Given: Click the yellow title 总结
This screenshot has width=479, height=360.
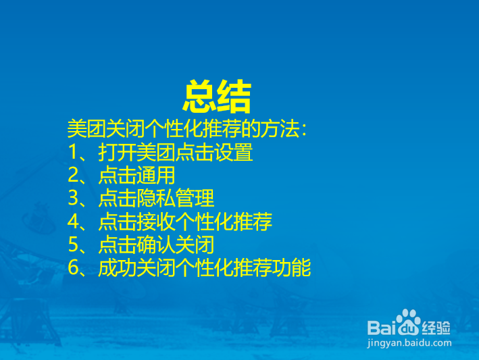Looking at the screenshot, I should click(x=217, y=97).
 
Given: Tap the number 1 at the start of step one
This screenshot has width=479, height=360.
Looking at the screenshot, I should click(x=74, y=153).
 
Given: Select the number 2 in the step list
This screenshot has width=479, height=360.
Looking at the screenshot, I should click(x=74, y=176).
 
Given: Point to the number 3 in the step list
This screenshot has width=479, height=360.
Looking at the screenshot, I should click(x=74, y=199).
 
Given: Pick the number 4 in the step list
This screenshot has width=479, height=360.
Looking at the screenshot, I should click(x=74, y=222).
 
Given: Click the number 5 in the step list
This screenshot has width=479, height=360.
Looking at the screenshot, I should click(x=74, y=245).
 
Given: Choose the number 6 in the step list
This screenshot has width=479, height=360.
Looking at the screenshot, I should click(x=74, y=268).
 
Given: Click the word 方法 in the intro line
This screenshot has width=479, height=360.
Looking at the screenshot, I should click(x=273, y=129).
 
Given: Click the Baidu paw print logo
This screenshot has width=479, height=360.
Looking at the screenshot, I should click(x=408, y=322).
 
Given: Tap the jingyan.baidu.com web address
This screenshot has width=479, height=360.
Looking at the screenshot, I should click(x=409, y=342).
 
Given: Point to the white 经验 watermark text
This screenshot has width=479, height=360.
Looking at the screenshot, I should click(x=437, y=328).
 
